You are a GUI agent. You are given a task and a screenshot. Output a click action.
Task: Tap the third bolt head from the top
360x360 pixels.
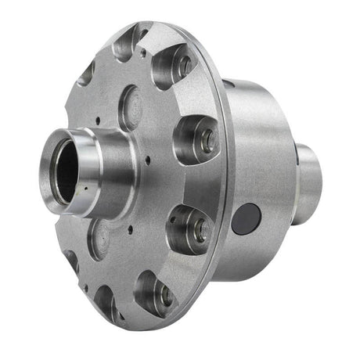click(199, 228)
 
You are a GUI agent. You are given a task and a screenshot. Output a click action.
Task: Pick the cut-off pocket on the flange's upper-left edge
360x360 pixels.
click(86, 74)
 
